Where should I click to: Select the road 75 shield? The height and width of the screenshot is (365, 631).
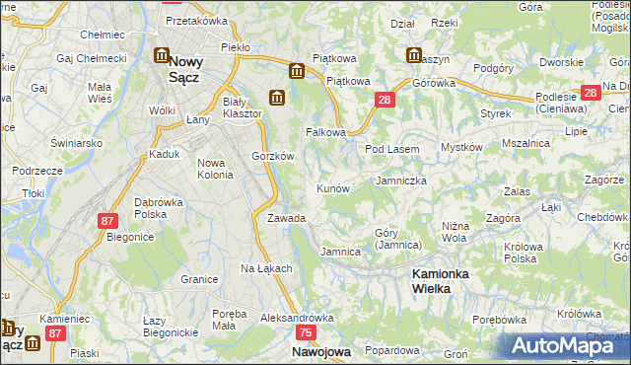pos(306,334)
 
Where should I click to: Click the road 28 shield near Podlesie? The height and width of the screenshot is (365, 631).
pos(590,93)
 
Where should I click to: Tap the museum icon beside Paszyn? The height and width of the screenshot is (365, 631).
pos(413,55)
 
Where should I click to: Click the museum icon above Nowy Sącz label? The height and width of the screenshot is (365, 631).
pos(161,57)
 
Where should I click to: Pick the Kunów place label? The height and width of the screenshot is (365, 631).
pos(332,187)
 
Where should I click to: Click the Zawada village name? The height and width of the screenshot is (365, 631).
pos(286,218)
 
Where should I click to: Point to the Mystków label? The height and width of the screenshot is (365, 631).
pos(461,148)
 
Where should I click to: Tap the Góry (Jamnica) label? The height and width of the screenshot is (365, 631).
pos(398,239)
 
